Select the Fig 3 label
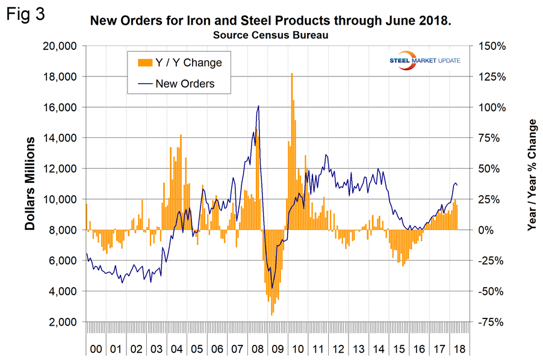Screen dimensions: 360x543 pos(26,14)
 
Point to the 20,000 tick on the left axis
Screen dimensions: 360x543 pos(64,46)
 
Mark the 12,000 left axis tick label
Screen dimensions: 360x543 pos(64,169)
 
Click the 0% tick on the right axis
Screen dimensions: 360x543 pos(485,230)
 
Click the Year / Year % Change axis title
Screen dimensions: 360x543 pos(531,175)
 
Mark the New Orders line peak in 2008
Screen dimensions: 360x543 pos(258,106)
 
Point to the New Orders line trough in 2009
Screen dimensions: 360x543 pos(272,288)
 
